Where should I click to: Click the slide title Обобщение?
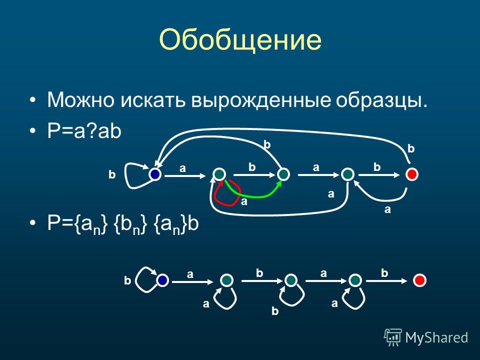[240, 40]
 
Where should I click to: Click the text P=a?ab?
[84, 131]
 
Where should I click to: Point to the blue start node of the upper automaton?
[155, 174]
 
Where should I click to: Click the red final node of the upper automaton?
[411, 174]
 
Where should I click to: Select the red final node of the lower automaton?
[419, 280]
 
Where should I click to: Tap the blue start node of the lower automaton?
[162, 280]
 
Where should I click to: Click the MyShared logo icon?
[393, 337]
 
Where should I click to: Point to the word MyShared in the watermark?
[436, 338]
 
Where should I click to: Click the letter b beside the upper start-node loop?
[112, 174]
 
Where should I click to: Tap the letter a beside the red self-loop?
[244, 201]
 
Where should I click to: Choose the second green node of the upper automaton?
[283, 174]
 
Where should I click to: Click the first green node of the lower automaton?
[226, 280]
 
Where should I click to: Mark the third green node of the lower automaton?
[355, 280]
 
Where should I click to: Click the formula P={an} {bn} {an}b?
[123, 224]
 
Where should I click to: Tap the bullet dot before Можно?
[33, 100]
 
